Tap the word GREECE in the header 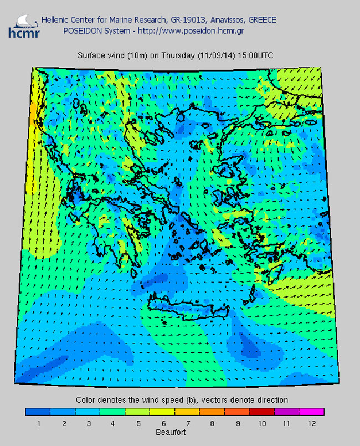pos(263,20)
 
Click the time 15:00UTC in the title pos(254,55)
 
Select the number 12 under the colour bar pos(311,423)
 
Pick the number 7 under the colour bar pos(187,423)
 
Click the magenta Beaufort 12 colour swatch pos(311,412)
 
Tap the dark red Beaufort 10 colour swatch pos(261,412)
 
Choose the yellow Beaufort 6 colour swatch pos(162,412)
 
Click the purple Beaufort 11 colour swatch pos(286,412)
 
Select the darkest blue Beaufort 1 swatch pos(38,412)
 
